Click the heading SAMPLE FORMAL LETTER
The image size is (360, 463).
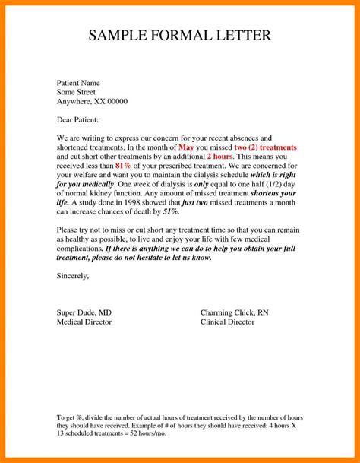pos(179,36)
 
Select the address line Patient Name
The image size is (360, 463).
pos(80,81)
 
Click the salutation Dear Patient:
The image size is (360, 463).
pos(77,120)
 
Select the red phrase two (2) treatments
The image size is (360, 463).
pos(265,147)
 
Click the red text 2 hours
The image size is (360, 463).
pos(219,156)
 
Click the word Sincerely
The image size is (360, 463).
pos(73,276)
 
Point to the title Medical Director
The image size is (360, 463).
pos(84,322)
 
